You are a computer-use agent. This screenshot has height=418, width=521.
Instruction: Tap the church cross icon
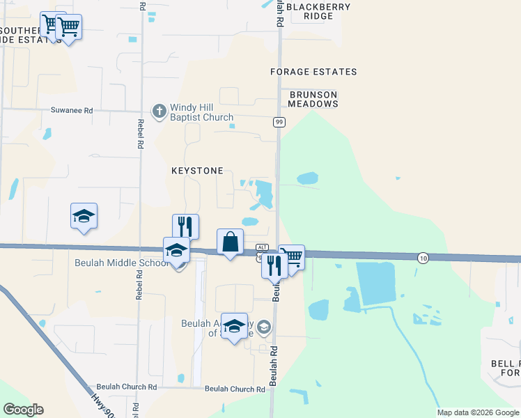point(159,111)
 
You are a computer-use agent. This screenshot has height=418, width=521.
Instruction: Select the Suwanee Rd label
point(72,110)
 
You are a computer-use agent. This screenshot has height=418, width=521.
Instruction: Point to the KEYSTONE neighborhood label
point(197,171)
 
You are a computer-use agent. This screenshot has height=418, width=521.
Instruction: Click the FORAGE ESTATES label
point(313,72)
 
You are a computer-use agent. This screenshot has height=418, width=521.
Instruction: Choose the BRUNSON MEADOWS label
point(313,99)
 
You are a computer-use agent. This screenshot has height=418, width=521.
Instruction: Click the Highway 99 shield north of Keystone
point(279,122)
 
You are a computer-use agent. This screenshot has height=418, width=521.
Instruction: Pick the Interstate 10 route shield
point(423,258)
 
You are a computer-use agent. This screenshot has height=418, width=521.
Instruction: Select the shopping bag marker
point(231,242)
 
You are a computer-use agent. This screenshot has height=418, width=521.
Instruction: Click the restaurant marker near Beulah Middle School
point(185,226)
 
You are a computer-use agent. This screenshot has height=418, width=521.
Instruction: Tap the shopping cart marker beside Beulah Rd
point(292,257)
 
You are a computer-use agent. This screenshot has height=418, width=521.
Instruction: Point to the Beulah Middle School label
point(123,263)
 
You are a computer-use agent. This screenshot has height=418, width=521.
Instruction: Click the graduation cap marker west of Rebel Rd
point(84,217)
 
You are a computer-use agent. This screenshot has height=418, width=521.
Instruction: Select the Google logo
point(23,410)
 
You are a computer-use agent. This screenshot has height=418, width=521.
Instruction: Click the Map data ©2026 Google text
point(478,412)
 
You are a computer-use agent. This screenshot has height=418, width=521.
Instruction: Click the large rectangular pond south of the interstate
point(376,284)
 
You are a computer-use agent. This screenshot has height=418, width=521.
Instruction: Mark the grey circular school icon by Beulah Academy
point(264,326)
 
